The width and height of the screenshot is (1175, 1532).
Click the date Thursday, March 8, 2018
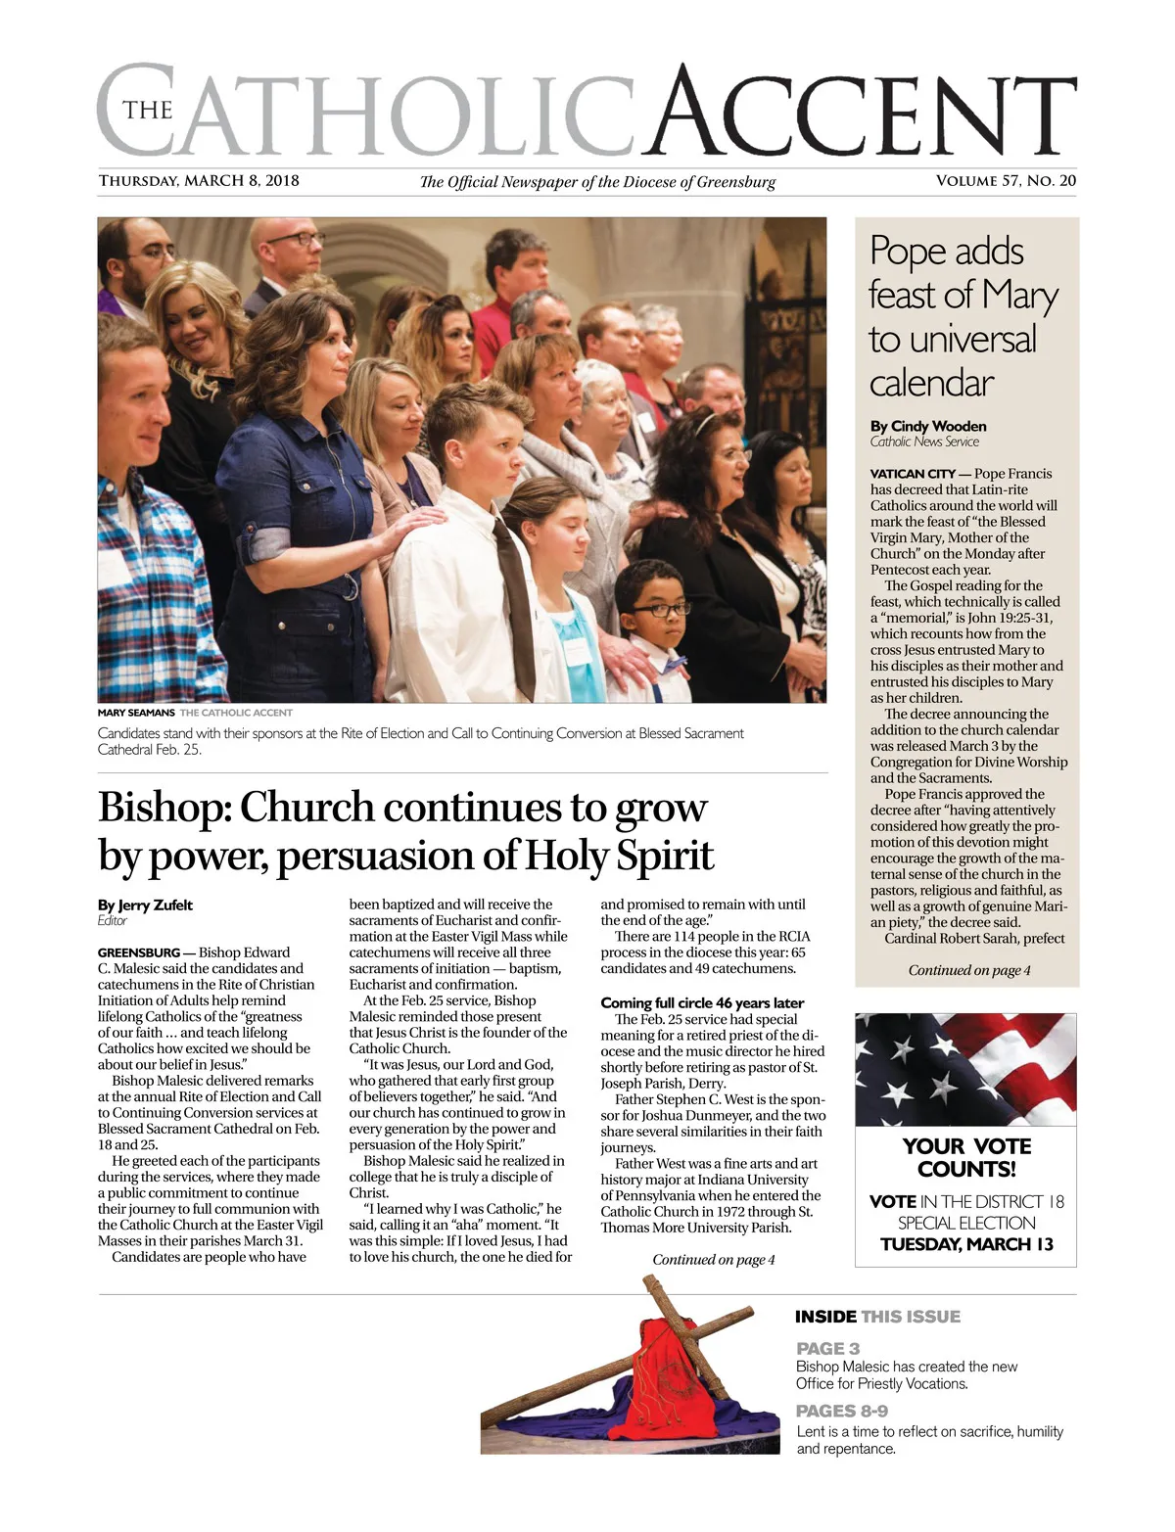coord(199,181)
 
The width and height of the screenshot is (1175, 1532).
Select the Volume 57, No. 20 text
coord(1006,181)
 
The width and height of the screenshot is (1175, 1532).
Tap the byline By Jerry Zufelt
coord(145,905)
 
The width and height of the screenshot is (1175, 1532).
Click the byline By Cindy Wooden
coord(928,426)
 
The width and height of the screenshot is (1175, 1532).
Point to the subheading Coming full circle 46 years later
coord(702,1002)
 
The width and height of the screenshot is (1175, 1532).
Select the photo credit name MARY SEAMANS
coord(136,713)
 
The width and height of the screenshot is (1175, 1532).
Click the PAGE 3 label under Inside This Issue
coord(827,1348)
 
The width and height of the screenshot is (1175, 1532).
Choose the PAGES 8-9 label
coord(842,1411)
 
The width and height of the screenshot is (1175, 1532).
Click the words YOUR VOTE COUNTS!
coord(966,1157)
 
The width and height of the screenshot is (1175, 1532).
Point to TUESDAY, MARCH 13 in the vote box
coord(966,1244)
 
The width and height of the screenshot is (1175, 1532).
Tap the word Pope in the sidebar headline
coord(903,252)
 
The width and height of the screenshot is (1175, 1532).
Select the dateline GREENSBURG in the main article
coord(139,952)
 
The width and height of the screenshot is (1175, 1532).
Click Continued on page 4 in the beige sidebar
coord(968,970)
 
